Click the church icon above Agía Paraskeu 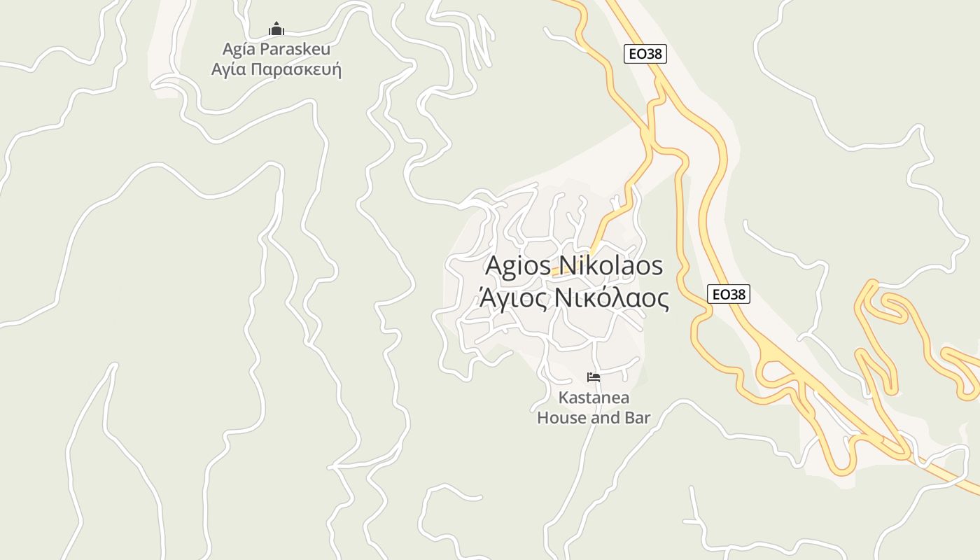click(276, 29)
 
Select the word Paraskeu click(295, 49)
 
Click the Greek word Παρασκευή click(296, 70)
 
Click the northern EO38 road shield click(645, 54)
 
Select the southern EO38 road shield click(729, 294)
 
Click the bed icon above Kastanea click(594, 377)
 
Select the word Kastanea click(594, 398)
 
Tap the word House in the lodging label click(559, 418)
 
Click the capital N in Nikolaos click(562, 266)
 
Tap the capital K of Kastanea click(563, 398)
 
